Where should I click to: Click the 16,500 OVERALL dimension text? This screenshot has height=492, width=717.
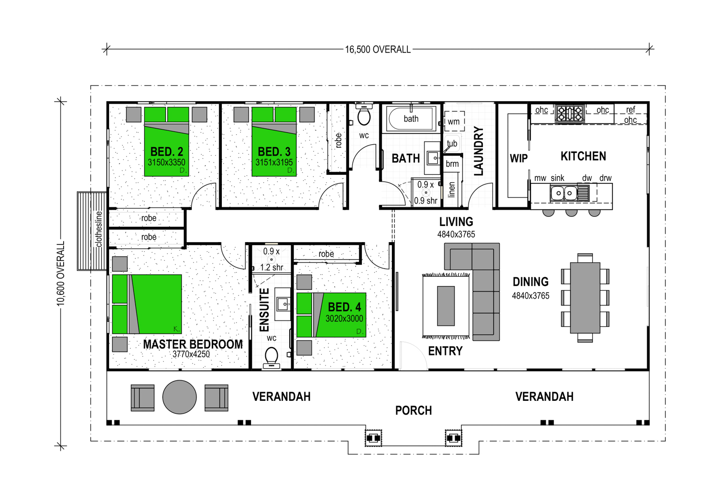pyautogui.click(x=378, y=50)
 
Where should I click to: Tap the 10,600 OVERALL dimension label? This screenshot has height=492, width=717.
pyautogui.click(x=61, y=274)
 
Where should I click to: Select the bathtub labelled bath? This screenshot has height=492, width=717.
pyautogui.click(x=411, y=118)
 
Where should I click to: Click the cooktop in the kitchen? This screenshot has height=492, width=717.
pyautogui.click(x=570, y=113)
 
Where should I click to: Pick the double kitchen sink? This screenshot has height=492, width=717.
pyautogui.click(x=564, y=193)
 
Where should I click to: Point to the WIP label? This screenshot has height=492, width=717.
pyautogui.click(x=519, y=159)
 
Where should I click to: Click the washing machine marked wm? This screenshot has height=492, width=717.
pyautogui.click(x=454, y=121)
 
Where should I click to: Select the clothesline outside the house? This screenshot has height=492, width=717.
pyautogui.click(x=92, y=231)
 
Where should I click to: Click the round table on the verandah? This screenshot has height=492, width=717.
pyautogui.click(x=180, y=397)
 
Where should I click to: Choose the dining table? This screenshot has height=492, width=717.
pyautogui.click(x=585, y=298)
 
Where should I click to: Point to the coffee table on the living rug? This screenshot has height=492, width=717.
pyautogui.click(x=446, y=306)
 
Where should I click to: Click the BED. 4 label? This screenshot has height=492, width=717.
pyautogui.click(x=345, y=308)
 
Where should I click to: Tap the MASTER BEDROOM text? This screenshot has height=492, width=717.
pyautogui.click(x=193, y=344)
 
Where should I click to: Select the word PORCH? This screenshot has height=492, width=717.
pyautogui.click(x=413, y=410)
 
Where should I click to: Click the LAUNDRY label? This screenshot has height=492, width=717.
pyautogui.click(x=478, y=151)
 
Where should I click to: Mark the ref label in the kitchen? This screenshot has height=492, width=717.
pyautogui.click(x=630, y=110)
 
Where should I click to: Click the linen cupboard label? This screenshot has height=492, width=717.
pyautogui.click(x=452, y=190)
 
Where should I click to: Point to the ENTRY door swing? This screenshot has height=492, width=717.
pyautogui.click(x=416, y=349)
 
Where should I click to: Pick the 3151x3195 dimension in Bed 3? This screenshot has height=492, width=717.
pyautogui.click(x=274, y=162)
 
